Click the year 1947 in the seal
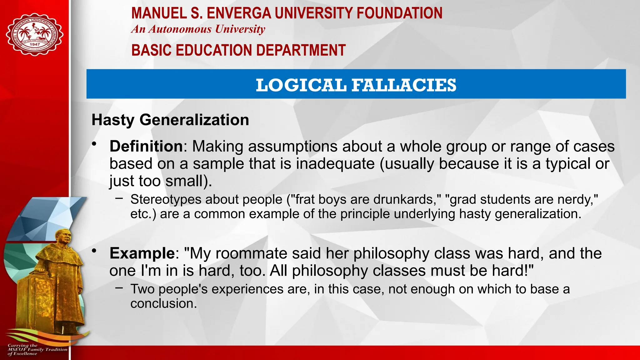tap(35, 44)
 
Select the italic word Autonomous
tap(180, 29)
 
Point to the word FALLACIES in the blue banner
tap(404, 85)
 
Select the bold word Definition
tap(146, 146)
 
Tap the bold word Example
tap(142, 253)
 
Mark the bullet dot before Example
tap(94, 251)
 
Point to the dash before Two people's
tap(119, 288)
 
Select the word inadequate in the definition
tap(335, 163)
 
